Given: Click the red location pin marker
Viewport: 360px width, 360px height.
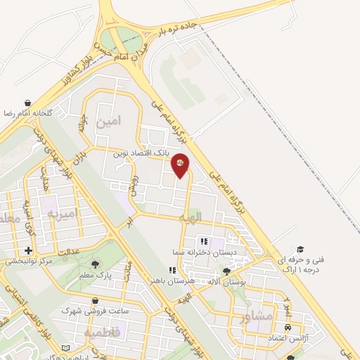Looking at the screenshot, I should tap(181, 165).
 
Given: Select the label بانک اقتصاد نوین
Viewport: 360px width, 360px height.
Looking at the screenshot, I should tap(140, 151).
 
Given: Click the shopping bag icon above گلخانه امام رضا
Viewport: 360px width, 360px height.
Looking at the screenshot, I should tap(27, 103).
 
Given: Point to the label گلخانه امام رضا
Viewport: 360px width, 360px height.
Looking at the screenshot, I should tap(27, 113).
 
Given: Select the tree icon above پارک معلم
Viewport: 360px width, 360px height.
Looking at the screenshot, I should tap(95, 264).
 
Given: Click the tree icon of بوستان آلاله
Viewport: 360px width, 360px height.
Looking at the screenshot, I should tap(226, 271).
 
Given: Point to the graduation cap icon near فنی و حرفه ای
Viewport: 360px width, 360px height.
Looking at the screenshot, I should tap(300, 250).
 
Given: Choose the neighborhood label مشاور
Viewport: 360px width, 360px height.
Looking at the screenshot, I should tap(255, 316).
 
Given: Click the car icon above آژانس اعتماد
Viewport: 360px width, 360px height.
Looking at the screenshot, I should tap(288, 328).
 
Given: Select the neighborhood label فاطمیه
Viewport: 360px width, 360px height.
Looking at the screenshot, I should tap(103, 331).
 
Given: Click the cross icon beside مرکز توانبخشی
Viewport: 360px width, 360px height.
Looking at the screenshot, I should tap(28, 250).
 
